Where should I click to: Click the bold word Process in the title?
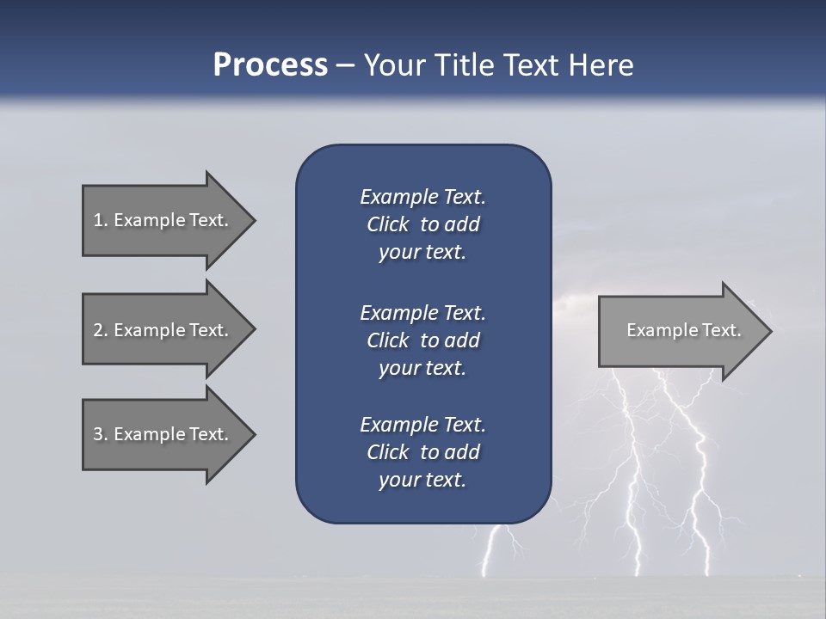point(270,65)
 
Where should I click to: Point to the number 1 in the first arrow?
point(98,220)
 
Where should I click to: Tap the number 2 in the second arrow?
point(98,330)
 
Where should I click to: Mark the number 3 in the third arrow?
point(98,434)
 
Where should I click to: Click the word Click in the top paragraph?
point(387,224)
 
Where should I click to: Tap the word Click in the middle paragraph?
point(387,340)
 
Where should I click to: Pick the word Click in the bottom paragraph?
point(387,452)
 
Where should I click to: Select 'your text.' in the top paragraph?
point(422,253)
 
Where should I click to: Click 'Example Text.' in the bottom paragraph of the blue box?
point(422,425)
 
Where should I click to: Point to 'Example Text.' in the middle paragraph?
point(422,313)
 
